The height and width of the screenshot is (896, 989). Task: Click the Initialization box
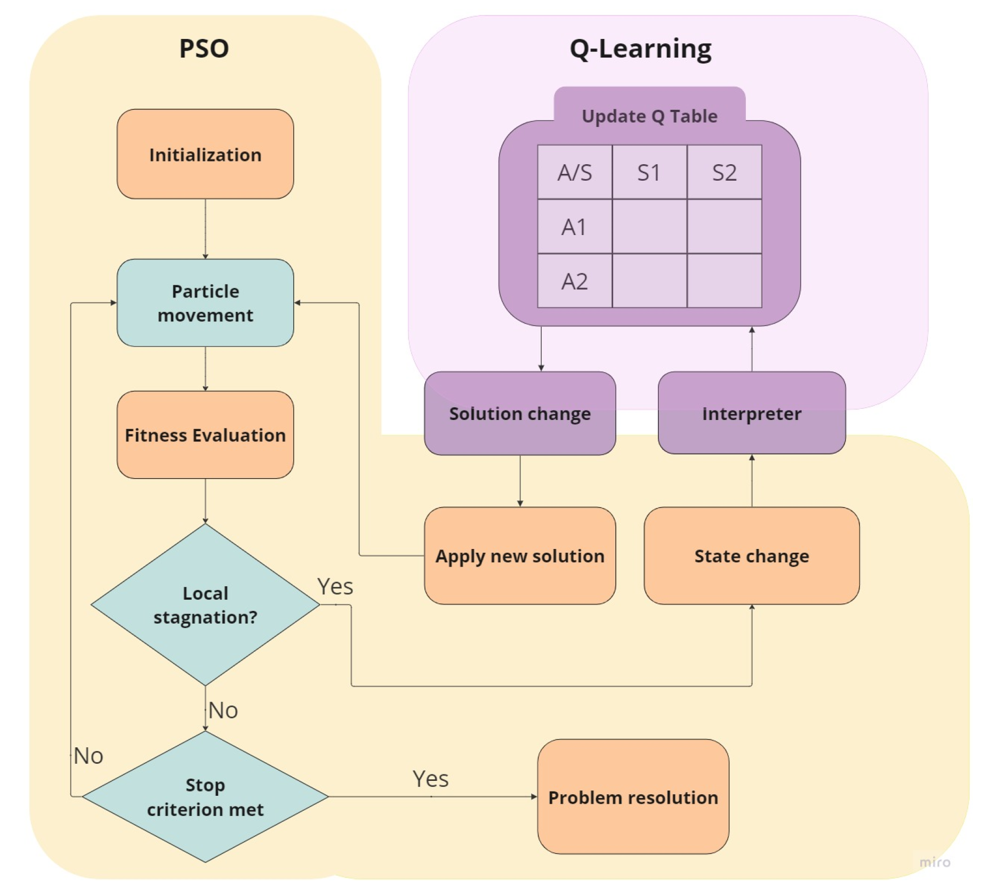[x=205, y=154]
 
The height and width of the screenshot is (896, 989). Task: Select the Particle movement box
[x=205, y=302]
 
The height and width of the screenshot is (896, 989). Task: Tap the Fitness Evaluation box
[x=205, y=434]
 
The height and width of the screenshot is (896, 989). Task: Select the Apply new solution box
[x=519, y=555]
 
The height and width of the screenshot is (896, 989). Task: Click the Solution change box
[x=519, y=413]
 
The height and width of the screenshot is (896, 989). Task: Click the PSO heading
[x=204, y=49]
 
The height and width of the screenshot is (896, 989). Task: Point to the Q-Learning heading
[x=640, y=49]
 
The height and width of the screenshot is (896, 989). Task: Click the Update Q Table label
[x=649, y=116]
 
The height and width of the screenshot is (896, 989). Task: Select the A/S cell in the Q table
[x=574, y=172]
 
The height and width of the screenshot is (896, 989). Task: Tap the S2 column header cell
[x=723, y=172]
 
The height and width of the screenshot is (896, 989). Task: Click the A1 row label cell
[x=574, y=227]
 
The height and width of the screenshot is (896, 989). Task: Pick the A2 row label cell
[x=574, y=281]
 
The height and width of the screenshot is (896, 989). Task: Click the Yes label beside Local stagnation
[x=335, y=586]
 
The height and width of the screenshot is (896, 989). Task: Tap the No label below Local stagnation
[x=223, y=709]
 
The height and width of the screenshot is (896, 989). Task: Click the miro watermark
[x=934, y=861]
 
